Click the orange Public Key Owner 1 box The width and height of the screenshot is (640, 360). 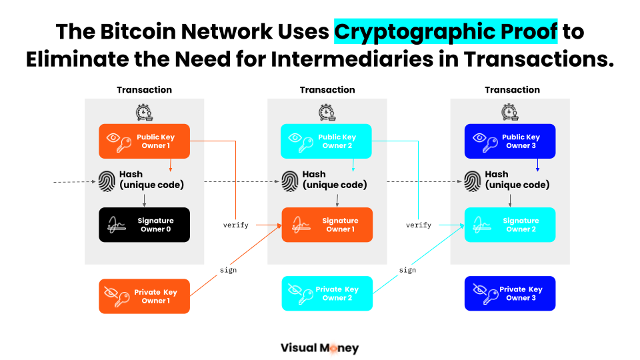pos(144,141)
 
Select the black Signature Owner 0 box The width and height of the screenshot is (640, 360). pos(144,225)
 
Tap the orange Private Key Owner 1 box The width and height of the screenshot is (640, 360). pos(144,296)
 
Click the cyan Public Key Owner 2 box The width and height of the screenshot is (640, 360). pos(326,141)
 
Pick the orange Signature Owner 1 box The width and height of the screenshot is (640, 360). pos(327,225)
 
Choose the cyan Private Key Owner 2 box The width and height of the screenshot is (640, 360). pos(327,293)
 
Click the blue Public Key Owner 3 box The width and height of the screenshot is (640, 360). pos(509,141)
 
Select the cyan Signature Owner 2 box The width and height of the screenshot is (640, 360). pos(509,225)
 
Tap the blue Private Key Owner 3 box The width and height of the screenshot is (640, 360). pos(509,293)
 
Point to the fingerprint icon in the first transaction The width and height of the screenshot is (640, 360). pos(107,180)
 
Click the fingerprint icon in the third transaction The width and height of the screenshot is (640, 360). pos(473,180)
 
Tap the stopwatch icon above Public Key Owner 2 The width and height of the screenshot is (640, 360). pos(326,112)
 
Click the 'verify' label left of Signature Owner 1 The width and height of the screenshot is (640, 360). pos(236,225)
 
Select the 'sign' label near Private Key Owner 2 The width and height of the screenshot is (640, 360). pos(407,270)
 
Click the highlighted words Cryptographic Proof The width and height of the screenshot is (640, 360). pos(445,31)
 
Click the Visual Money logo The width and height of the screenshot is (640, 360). pos(319,347)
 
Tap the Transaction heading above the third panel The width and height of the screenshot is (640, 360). pos(512,90)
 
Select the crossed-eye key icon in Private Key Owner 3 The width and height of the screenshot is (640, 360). pos(481,293)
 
